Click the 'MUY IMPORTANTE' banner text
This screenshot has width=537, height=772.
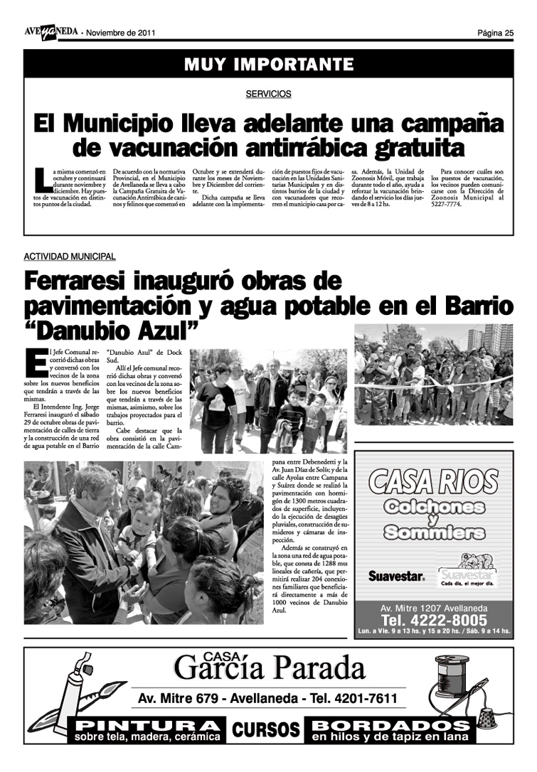[x=269, y=65]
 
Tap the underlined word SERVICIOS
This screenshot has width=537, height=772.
[x=269, y=94]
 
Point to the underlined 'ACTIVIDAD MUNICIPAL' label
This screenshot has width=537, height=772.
[x=70, y=257]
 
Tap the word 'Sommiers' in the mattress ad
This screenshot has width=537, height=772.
[x=433, y=532]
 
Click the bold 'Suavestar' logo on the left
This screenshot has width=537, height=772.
[x=396, y=577]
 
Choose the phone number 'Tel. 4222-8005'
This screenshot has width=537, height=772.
[x=433, y=621]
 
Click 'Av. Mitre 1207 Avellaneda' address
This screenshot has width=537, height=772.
[x=433, y=609]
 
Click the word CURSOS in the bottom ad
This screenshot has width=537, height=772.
[x=267, y=729]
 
